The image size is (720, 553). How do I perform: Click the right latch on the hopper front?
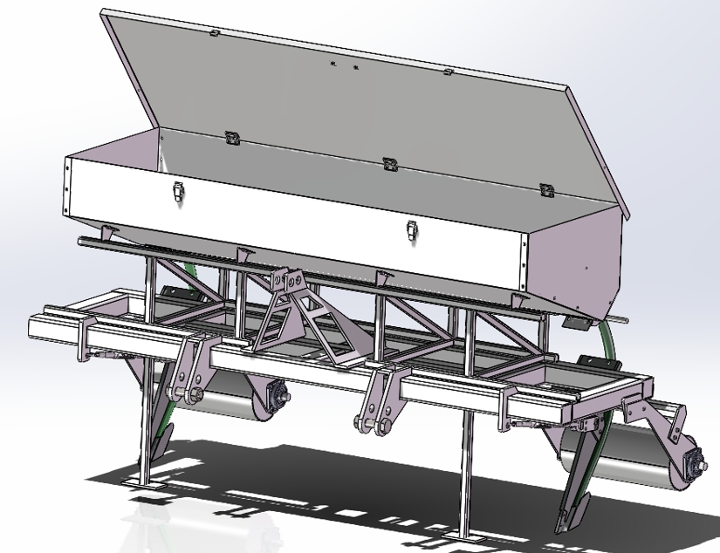(x=412, y=230)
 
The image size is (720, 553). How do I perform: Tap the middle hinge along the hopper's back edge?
(x=387, y=162)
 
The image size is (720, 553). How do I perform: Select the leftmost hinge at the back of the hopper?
(x=232, y=137)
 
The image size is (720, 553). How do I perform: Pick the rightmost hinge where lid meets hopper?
(x=547, y=189)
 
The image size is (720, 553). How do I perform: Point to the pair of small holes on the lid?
(x=344, y=65)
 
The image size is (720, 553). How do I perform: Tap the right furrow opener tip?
(x=563, y=523)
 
